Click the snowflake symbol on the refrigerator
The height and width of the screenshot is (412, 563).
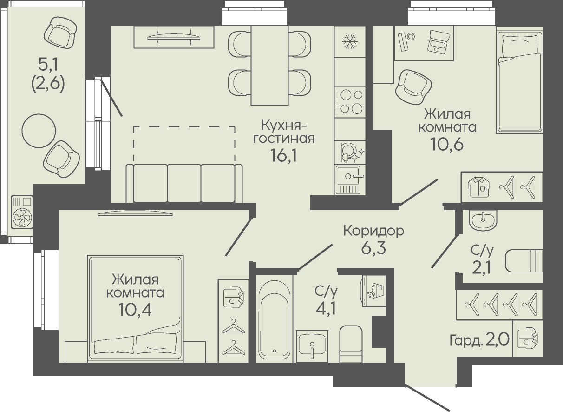[x=350, y=41]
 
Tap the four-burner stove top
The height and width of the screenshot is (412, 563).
[x=350, y=102]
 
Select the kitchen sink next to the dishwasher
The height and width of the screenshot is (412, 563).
[x=350, y=179]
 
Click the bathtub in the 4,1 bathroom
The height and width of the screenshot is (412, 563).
[x=275, y=319]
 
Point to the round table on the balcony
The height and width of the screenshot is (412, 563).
[x=39, y=131]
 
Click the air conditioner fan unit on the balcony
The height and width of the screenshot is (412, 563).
[x=22, y=212]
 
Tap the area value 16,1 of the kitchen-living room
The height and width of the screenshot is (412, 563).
[x=283, y=155]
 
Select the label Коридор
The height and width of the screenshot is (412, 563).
[x=373, y=231]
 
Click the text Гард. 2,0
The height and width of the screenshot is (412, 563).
[x=479, y=339]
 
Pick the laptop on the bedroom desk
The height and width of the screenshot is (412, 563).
[x=439, y=41]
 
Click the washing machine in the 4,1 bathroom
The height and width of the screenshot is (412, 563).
[x=374, y=291]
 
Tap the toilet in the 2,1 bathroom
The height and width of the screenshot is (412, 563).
[x=524, y=261]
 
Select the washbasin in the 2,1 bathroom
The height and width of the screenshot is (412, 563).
[x=483, y=220]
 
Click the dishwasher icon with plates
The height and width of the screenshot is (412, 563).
[x=350, y=153]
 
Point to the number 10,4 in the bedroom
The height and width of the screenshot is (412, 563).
[x=135, y=310]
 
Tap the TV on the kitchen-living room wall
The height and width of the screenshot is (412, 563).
[x=174, y=37]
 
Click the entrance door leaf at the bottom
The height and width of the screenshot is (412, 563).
[x=427, y=398]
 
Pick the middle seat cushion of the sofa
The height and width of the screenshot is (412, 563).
[x=184, y=183]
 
